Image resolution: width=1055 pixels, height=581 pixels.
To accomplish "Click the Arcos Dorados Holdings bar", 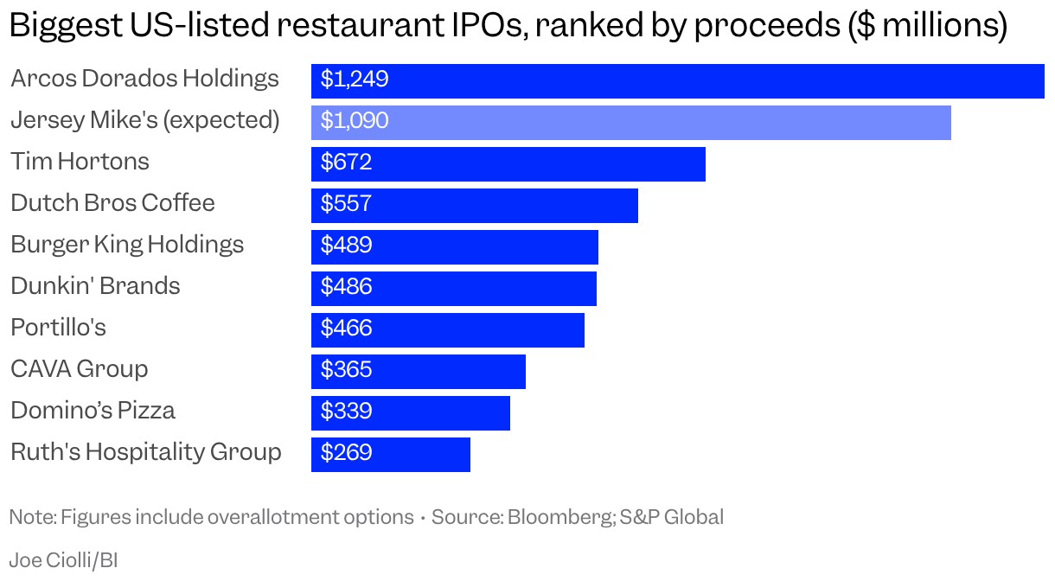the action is pyautogui.click(x=678, y=81).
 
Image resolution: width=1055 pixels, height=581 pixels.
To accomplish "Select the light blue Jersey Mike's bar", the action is pyautogui.click(x=631, y=123).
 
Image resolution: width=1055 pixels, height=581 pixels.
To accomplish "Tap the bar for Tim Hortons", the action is pyautogui.click(x=508, y=164).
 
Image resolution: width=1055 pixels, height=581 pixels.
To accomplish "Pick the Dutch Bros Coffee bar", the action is pyautogui.click(x=475, y=205).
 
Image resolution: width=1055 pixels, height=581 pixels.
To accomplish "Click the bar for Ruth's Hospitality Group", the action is pyautogui.click(x=391, y=455).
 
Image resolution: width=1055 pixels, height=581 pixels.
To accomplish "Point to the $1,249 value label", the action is pyautogui.click(x=355, y=79).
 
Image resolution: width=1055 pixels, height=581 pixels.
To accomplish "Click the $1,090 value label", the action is pyautogui.click(x=355, y=120).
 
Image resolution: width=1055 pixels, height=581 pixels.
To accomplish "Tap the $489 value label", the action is pyautogui.click(x=346, y=245).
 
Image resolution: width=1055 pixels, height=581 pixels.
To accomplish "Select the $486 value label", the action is pyautogui.click(x=346, y=286).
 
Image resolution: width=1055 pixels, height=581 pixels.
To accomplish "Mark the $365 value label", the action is pyautogui.click(x=346, y=369).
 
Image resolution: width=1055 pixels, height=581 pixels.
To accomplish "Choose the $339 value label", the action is pyautogui.click(x=346, y=411).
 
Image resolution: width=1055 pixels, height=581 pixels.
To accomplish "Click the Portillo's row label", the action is pyautogui.click(x=59, y=327).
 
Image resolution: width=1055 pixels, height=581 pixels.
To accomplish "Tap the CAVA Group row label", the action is pyautogui.click(x=80, y=368).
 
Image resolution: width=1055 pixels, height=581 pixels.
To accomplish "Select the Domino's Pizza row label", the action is pyautogui.click(x=93, y=410).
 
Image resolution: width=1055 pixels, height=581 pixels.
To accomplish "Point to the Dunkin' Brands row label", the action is pyautogui.click(x=95, y=286).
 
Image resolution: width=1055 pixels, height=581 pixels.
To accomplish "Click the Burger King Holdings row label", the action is pyautogui.click(x=127, y=246).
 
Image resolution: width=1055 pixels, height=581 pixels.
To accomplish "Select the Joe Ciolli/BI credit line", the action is pyautogui.click(x=63, y=560).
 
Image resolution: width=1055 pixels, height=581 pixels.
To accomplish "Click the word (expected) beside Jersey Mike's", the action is pyautogui.click(x=221, y=120).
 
